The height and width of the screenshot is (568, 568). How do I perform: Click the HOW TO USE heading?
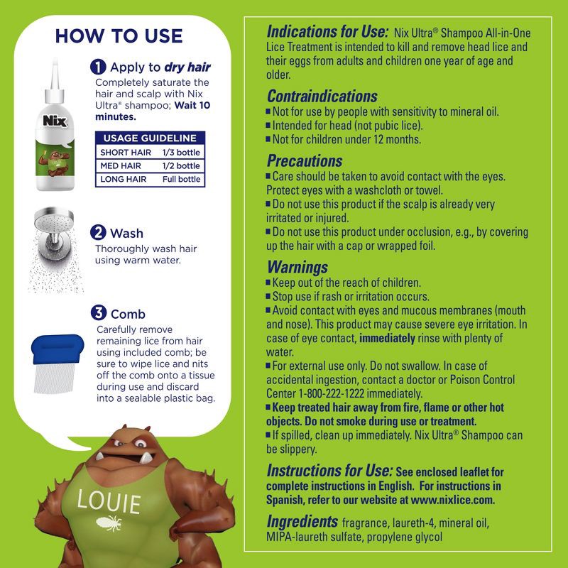click(119, 35)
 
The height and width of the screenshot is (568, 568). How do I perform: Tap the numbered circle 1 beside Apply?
click(99, 67)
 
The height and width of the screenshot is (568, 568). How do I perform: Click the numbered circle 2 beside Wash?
click(99, 232)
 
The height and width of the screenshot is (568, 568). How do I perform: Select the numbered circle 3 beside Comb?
click(99, 313)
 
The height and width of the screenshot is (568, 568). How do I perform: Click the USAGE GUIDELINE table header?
click(150, 138)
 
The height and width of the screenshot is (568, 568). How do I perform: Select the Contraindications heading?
click(322, 96)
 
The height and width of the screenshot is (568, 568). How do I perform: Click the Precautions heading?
click(305, 160)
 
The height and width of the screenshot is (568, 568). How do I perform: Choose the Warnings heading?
click(297, 267)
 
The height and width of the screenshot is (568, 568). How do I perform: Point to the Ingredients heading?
click(302, 522)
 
